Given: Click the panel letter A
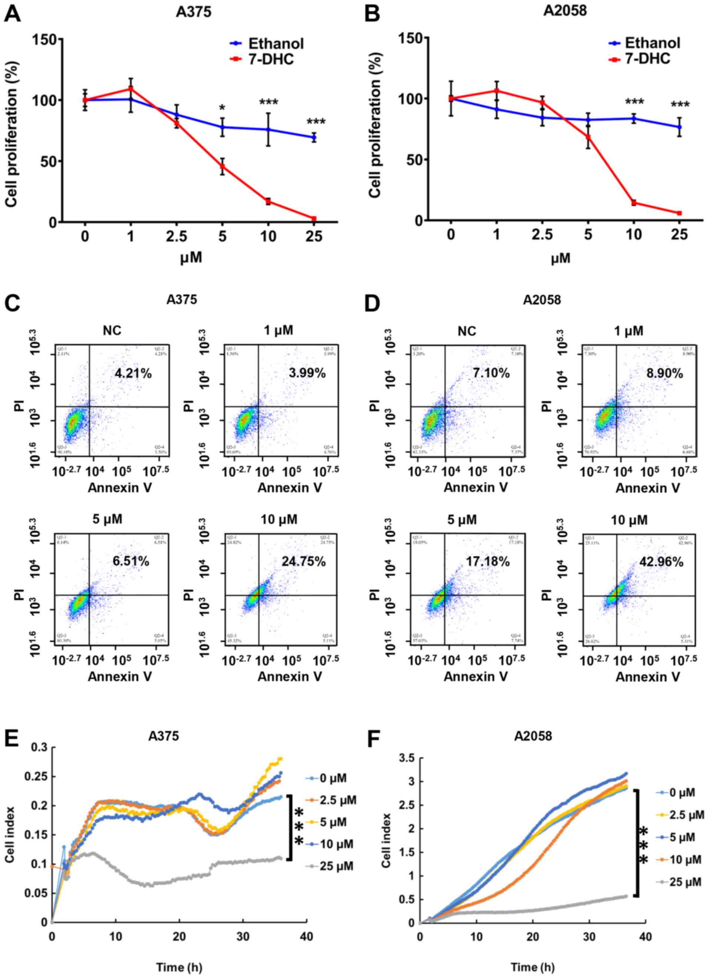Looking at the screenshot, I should (13, 14).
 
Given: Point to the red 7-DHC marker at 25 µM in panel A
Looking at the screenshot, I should (314, 219).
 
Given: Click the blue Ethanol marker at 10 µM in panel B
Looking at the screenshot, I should (633, 119).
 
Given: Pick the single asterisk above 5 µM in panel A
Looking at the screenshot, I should (222, 107).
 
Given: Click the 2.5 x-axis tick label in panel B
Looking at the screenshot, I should (542, 235).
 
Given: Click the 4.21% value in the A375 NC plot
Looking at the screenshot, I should (133, 373).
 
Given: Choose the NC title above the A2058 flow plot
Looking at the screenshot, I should (467, 331).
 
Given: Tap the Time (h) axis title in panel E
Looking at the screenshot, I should (179, 967).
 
